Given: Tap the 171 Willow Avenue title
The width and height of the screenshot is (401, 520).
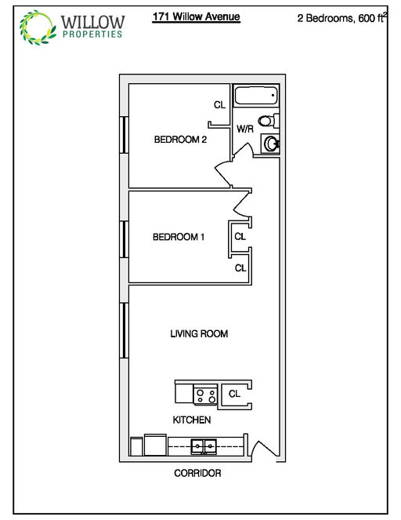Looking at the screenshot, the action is tap(196, 16).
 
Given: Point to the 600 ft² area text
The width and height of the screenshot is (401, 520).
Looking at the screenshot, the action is tap(373, 17).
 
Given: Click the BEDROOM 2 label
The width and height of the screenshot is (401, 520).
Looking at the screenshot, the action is tap(180, 140).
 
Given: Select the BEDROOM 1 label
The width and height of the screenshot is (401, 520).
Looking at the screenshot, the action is tap(179, 237).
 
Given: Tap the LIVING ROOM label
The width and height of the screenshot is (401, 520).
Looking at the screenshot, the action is tap(199, 333).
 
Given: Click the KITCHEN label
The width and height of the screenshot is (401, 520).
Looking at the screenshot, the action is tap(192, 420).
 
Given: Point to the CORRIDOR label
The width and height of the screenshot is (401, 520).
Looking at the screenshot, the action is tap(197, 473).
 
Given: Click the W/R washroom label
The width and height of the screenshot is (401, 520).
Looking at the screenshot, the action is tap(245, 129).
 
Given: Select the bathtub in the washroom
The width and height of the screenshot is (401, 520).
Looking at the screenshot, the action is tap(256, 96).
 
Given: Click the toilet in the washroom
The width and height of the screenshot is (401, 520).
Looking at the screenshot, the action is tap(269, 121).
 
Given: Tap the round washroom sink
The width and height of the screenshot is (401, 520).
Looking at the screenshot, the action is tap(271, 144).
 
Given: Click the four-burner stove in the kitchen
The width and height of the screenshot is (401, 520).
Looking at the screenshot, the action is tap(205, 395).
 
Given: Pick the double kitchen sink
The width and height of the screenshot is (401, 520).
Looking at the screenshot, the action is tap(204, 446).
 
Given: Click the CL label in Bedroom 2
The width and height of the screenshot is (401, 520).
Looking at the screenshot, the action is tap(219, 105).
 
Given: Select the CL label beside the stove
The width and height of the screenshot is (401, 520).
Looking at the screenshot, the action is tap(234, 394).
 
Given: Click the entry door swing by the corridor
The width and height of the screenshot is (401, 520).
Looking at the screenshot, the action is tap(265, 449).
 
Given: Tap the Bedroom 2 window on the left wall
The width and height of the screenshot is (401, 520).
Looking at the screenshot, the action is tap(124, 134).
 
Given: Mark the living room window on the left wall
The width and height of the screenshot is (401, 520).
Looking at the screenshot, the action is tap(124, 330).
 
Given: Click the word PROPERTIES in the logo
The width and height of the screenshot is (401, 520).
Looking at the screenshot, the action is tap(92, 34).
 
